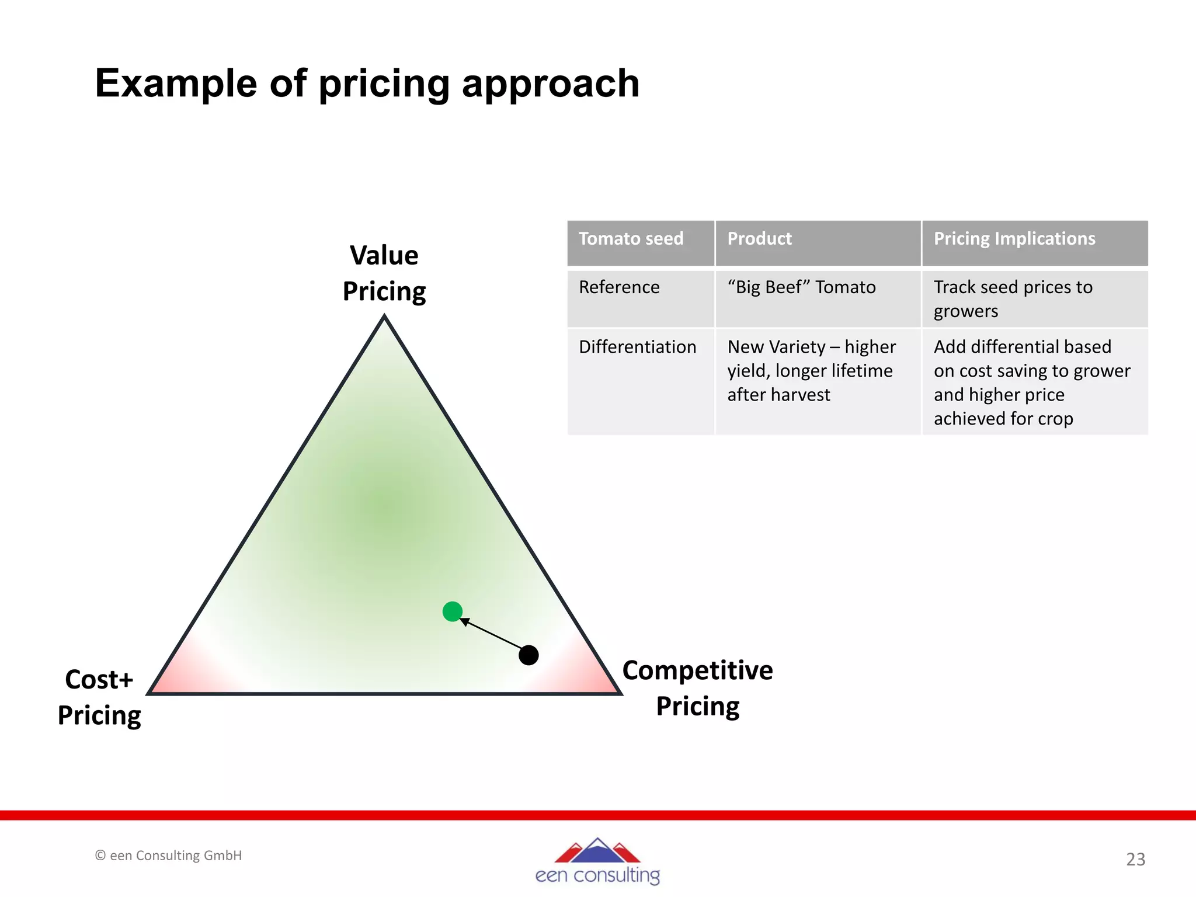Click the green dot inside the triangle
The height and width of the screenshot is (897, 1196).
pos(453,611)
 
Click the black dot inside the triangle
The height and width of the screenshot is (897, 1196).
pos(529,655)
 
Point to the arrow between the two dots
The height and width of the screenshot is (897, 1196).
pos(492,634)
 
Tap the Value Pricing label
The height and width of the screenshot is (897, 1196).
pos(384,273)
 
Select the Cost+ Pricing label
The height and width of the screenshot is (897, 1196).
pos(99,697)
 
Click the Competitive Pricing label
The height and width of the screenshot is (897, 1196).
pos(697,688)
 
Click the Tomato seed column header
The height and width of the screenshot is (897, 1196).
pos(631,239)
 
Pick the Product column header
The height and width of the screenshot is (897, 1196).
pos(759,239)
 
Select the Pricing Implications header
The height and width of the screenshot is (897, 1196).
pos(1014,239)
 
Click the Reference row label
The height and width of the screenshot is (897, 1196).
pos(619,287)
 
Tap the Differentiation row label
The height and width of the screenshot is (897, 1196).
pos(637,347)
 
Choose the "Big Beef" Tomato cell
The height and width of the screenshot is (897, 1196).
pos(801,287)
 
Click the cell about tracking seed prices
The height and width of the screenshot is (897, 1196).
pos(1013,299)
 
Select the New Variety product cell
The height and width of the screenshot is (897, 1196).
pos(811,371)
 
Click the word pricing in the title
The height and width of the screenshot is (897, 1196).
pos(385,84)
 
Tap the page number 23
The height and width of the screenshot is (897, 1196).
pos(1135,860)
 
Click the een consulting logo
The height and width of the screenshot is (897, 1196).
pos(597,861)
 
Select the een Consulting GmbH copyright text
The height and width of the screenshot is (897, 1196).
pos(168,856)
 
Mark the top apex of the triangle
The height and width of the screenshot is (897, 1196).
pos(384,317)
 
